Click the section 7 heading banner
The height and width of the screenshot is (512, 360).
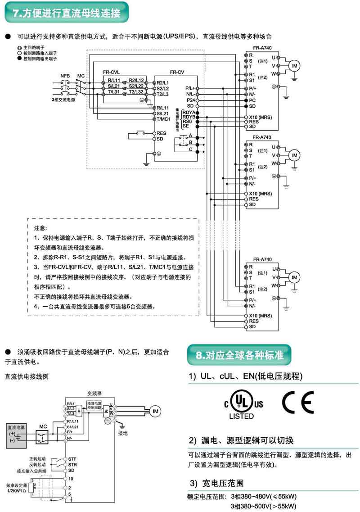click(67, 13)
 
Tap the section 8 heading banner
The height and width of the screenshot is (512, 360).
click(239, 355)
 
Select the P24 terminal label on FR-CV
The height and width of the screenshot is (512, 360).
click(191, 100)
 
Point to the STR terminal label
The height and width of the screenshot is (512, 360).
click(72, 464)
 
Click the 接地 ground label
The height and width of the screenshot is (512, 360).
click(123, 434)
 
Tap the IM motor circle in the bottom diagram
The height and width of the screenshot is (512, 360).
click(154, 411)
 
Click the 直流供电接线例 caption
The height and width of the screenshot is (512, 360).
click(26, 376)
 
